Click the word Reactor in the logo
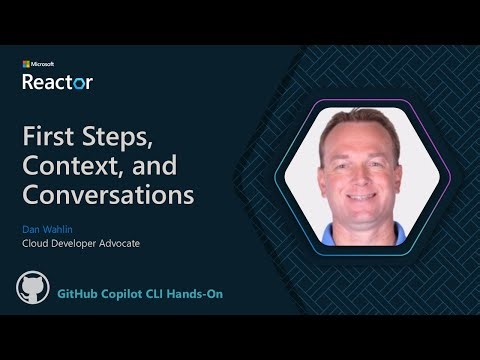tap(57, 82)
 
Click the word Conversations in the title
tap(108, 193)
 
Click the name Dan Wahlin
tap(46, 225)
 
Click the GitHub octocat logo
tap(33, 288)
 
